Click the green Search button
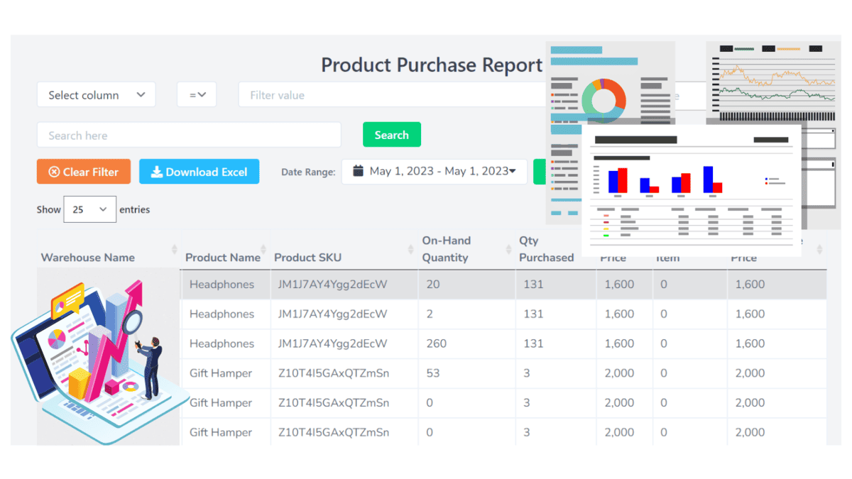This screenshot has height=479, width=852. (x=391, y=135)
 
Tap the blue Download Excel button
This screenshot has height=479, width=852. (x=199, y=172)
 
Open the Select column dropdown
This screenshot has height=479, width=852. (x=97, y=95)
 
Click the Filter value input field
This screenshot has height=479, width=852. (x=390, y=95)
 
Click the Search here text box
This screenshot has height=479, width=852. (x=189, y=136)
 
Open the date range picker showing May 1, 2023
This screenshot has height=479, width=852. (x=435, y=171)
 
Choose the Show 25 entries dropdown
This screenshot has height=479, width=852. (x=89, y=209)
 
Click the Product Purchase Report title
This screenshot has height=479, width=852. (x=432, y=65)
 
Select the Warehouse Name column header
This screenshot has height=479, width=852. (x=88, y=257)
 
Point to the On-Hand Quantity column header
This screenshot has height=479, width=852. (x=446, y=249)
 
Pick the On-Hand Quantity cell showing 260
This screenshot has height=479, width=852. (x=437, y=343)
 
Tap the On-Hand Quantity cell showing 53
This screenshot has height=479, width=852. (x=432, y=373)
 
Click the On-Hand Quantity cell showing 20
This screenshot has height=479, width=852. (x=432, y=285)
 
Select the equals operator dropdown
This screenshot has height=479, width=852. (x=197, y=95)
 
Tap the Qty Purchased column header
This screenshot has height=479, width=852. (x=546, y=249)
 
